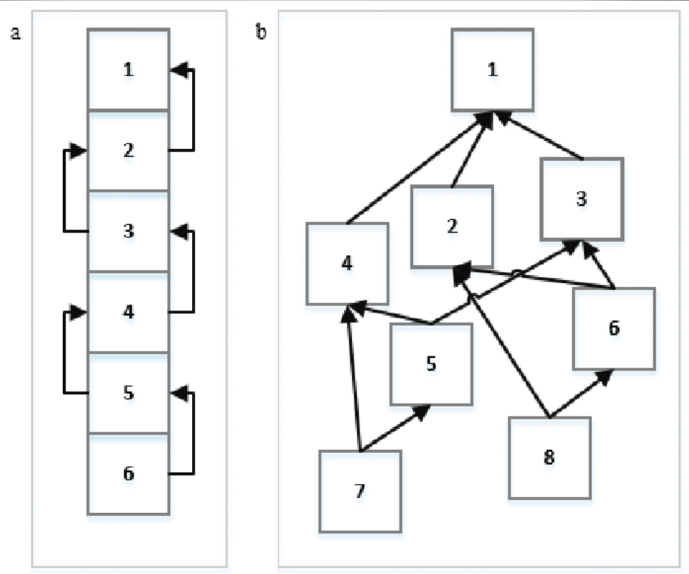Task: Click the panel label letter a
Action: pos(15,33)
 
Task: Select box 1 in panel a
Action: pos(128,69)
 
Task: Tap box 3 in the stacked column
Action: pos(128,231)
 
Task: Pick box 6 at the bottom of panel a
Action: pos(128,474)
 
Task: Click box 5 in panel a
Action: pos(128,393)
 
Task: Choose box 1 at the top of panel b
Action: pos(493,70)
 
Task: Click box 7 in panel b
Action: pos(360,491)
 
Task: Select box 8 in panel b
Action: pos(549,458)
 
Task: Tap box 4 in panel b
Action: pos(347,263)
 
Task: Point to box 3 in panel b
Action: pos(582,199)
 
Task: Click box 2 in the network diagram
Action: pos(452,227)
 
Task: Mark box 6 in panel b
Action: pos(614,328)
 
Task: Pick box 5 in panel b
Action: pos(431,364)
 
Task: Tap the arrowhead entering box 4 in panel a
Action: pos(77,313)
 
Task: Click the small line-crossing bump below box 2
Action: pos(516,273)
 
